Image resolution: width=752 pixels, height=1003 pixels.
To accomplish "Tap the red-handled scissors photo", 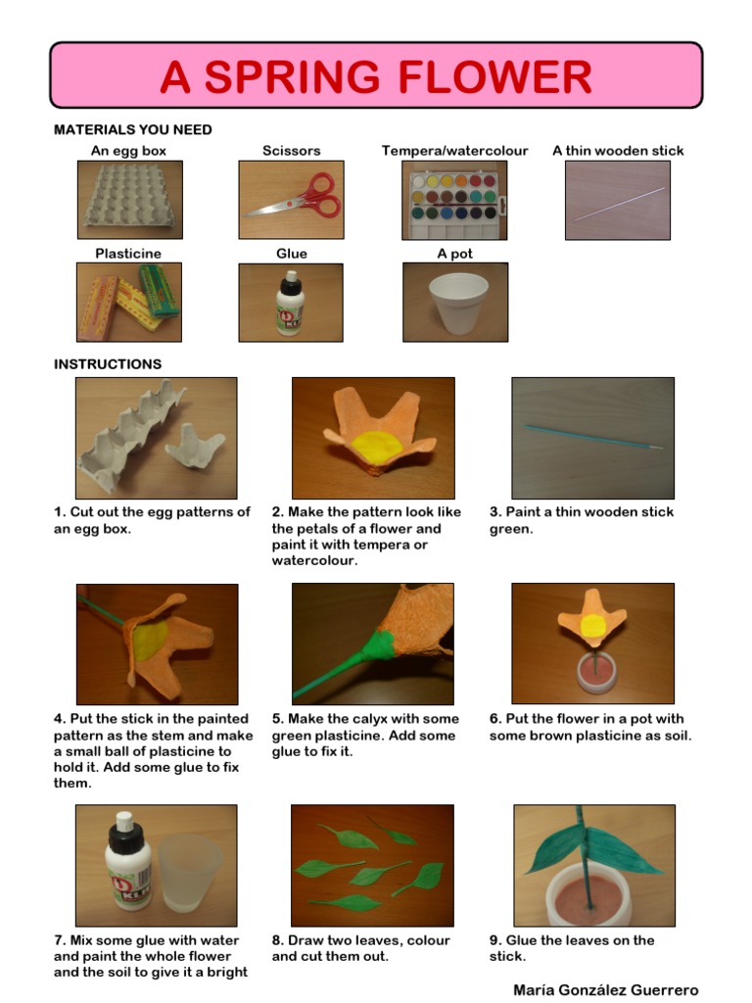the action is coord(292,200).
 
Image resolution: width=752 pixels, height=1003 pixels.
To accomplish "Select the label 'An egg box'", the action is coord(128,151).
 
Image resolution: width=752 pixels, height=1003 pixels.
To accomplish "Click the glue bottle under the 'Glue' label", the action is coord(290,304).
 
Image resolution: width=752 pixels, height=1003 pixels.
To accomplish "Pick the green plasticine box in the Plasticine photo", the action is coord(160,290).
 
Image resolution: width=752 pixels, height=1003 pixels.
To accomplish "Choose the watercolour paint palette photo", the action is coord(454,200).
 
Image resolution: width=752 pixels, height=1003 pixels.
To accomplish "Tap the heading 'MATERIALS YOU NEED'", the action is coord(133,130).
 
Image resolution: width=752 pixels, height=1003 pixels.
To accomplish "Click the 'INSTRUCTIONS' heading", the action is coord(108,364).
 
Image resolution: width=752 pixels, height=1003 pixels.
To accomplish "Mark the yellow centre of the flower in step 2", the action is coord(377,446).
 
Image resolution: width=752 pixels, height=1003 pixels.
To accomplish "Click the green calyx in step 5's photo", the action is coord(379,648).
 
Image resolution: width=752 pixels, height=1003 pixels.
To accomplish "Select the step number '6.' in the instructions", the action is coord(495,719).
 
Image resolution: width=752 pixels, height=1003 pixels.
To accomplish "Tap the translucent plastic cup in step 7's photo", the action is coord(189,873).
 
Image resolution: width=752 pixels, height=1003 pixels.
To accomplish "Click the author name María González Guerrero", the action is coord(605,990).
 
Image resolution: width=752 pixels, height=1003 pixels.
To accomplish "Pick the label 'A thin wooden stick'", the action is coord(618,151).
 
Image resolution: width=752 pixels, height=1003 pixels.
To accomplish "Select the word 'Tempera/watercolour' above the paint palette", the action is coord(454,151).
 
